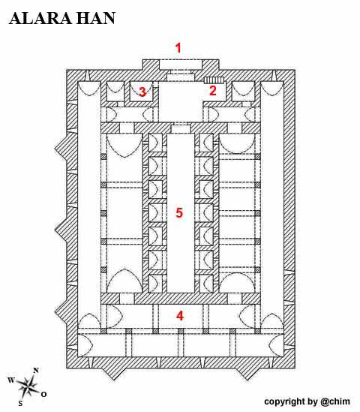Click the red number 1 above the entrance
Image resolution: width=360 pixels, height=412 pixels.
point(178,48)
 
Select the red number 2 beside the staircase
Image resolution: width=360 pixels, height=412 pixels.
point(213,90)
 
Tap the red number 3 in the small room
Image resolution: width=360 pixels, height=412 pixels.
point(142,92)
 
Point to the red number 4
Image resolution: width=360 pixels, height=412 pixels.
point(179,316)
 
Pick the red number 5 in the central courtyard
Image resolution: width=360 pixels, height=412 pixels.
point(179,212)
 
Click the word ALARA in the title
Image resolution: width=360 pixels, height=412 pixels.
point(40,19)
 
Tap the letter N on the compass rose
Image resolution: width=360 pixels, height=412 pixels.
point(36,371)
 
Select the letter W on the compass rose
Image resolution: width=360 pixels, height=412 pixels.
point(11,380)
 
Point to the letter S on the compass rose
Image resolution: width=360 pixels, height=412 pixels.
point(20,403)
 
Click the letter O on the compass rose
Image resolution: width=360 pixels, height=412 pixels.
point(43,394)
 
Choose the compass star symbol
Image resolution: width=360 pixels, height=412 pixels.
point(27,386)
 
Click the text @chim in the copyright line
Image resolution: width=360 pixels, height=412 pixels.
point(335,401)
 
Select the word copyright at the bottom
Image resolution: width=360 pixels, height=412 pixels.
point(285,402)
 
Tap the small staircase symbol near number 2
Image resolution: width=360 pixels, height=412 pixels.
point(214,80)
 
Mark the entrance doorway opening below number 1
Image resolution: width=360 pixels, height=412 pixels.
point(181,65)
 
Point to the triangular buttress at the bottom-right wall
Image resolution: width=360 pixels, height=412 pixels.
point(247,373)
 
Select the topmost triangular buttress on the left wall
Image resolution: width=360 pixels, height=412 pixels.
point(61,149)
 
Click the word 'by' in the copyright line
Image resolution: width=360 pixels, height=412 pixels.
point(313,402)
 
